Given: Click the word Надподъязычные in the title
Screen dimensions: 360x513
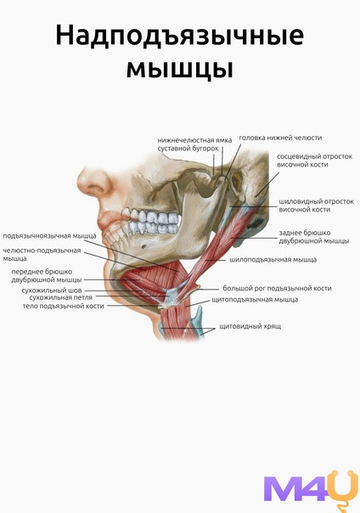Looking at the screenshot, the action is click(x=180, y=36).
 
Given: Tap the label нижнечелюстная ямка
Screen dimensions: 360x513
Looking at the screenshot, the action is click(x=195, y=140).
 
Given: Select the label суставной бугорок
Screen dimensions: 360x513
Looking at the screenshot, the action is click(x=188, y=148).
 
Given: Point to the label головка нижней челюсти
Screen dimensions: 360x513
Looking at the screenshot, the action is click(x=280, y=138).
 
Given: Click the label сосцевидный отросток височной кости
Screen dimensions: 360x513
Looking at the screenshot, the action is click(x=314, y=161).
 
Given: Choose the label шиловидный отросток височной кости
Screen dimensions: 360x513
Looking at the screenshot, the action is click(x=316, y=206).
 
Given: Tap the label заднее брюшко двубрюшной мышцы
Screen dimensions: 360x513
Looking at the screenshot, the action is click(x=314, y=237).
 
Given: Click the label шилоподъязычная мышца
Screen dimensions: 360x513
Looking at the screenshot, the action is click(x=273, y=260).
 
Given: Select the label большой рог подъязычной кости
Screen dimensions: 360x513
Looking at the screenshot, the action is click(x=278, y=288).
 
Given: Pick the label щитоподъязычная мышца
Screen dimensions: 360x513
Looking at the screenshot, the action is click(x=255, y=299).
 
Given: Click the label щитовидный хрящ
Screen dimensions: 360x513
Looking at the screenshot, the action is click(x=250, y=326).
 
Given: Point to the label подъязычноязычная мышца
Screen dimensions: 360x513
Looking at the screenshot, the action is click(x=50, y=235).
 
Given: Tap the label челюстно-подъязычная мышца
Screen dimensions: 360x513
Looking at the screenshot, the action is click(x=42, y=255).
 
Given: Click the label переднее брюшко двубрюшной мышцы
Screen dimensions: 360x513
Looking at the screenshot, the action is click(x=47, y=276).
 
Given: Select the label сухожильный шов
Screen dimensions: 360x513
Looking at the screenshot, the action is click(x=52, y=290).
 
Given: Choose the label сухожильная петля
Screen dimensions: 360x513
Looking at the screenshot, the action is click(x=61, y=298).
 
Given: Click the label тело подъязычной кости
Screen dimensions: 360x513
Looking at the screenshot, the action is click(x=63, y=307).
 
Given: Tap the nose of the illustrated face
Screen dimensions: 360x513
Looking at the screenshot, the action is click(x=93, y=182).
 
